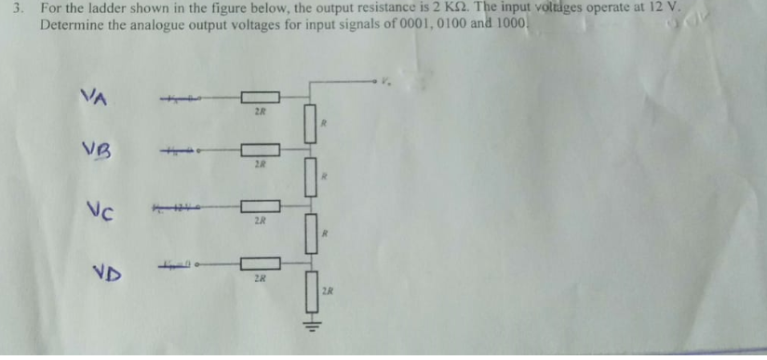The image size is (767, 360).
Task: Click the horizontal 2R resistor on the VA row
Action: [x=260, y=97]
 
